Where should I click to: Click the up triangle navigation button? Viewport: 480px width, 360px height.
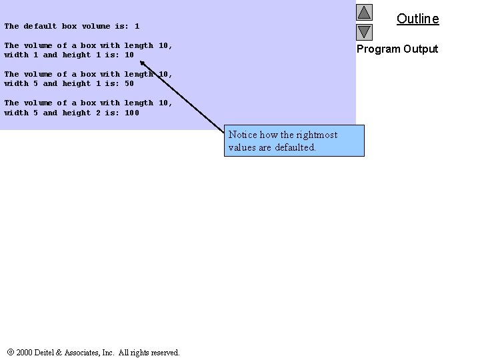tap(363, 12)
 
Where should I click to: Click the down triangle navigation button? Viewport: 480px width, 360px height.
tap(363, 31)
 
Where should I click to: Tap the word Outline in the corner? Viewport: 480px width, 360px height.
tap(417, 19)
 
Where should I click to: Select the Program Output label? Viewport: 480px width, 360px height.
tap(397, 49)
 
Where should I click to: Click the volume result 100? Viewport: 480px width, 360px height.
tap(132, 113)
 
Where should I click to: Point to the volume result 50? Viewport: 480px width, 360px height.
tap(129, 84)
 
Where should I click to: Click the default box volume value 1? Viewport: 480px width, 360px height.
tap(137, 27)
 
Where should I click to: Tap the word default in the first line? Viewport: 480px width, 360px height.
tap(40, 27)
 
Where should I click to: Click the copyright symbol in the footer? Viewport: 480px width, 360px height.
tap(11, 352)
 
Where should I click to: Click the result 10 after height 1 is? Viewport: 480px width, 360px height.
tap(129, 55)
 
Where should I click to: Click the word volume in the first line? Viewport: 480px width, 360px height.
tap(95, 27)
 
